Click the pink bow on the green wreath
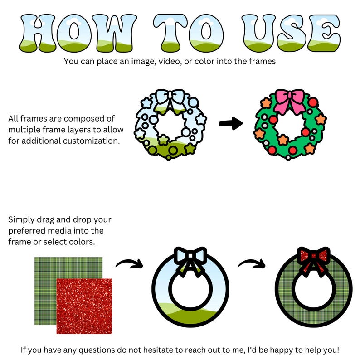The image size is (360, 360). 289,101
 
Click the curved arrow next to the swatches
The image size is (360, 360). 130,263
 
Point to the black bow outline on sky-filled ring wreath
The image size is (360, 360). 190,259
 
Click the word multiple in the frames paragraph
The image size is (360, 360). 23,130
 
